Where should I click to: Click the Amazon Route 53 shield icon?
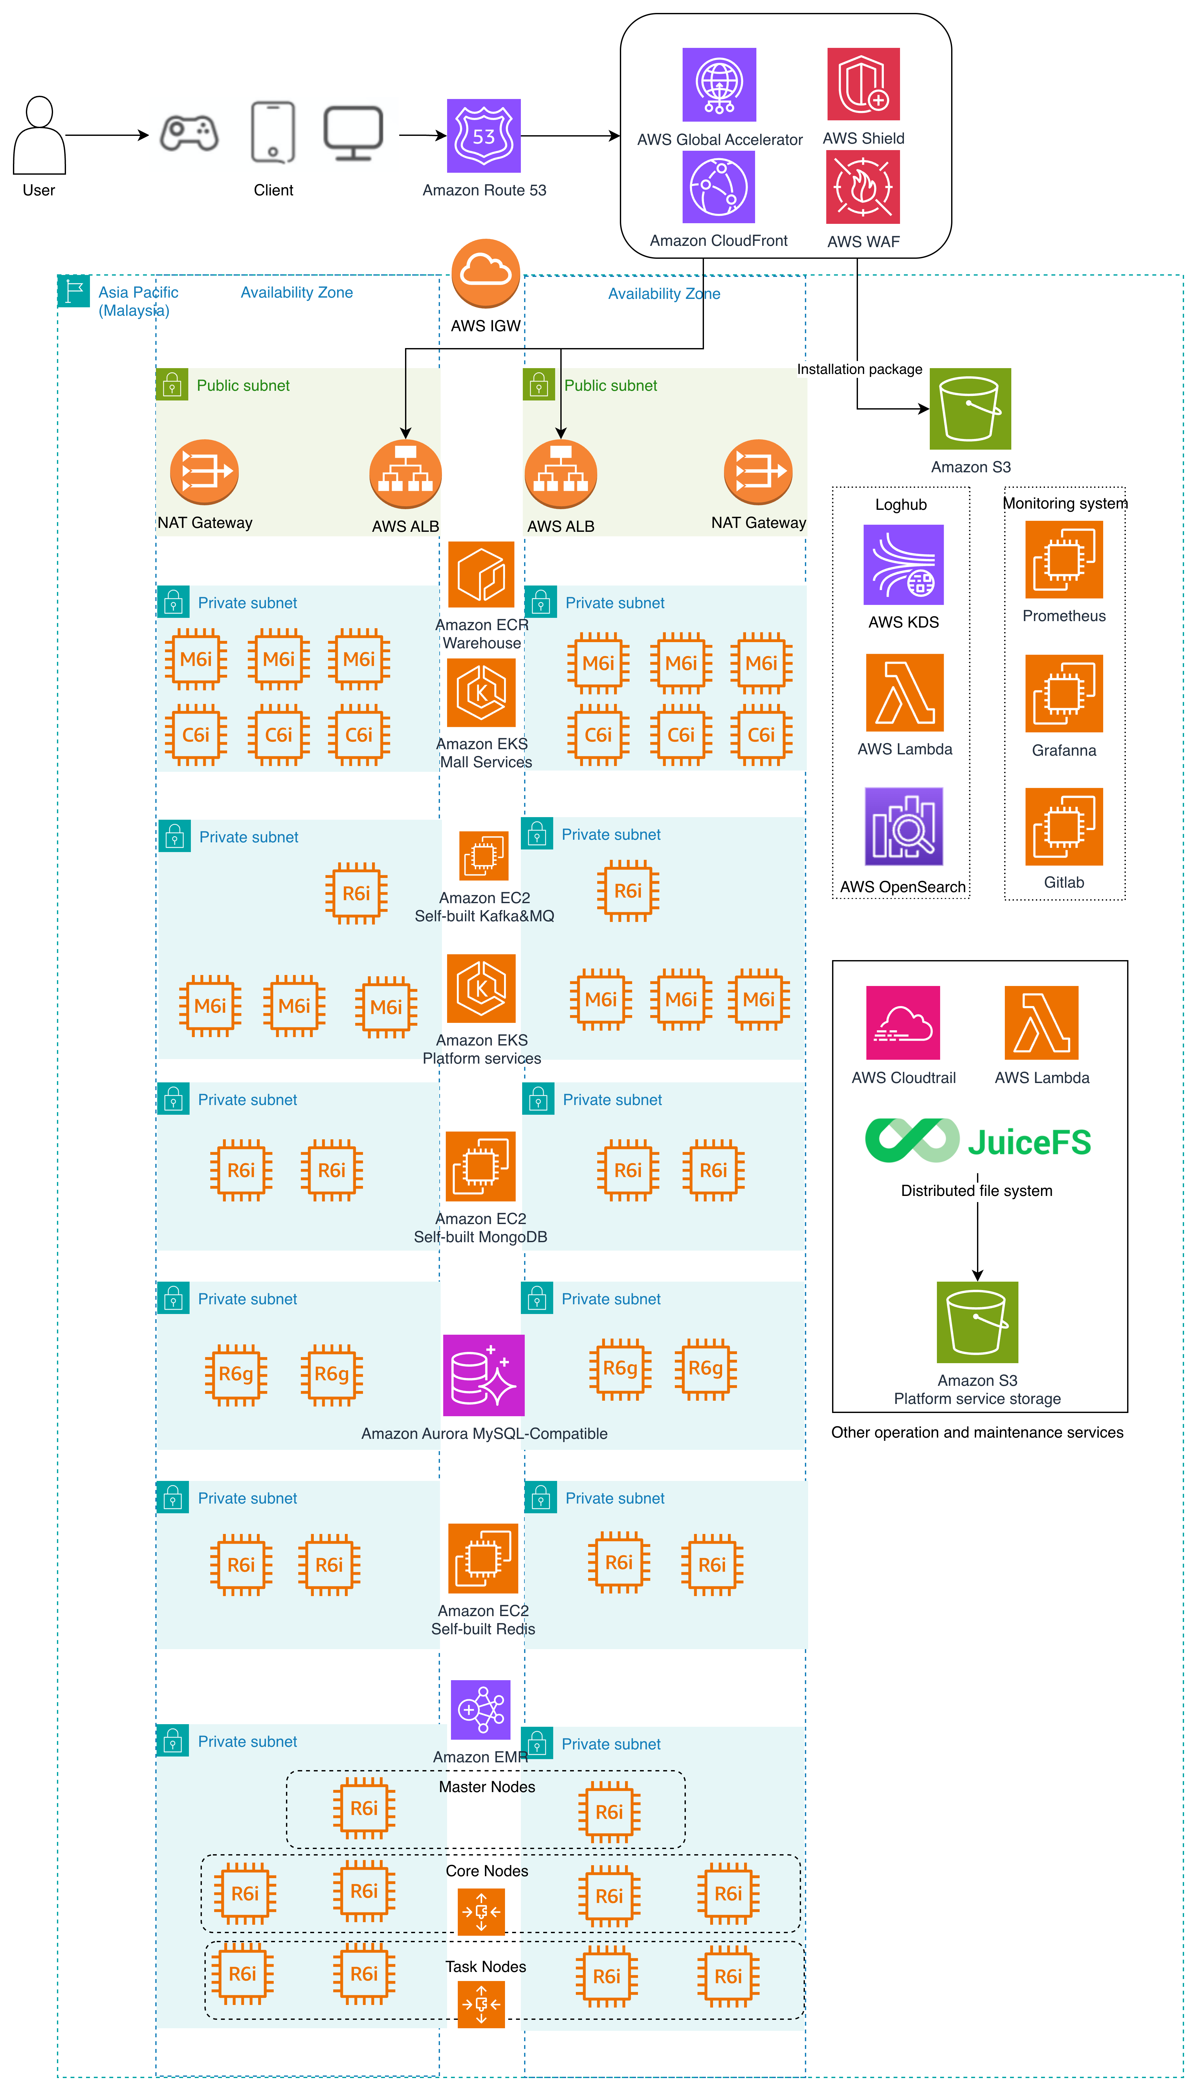pyautogui.click(x=483, y=136)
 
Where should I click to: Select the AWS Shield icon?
pyautogui.click(x=863, y=84)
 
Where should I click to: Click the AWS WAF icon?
pyautogui.click(x=863, y=187)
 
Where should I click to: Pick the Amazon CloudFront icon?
pyautogui.click(x=719, y=187)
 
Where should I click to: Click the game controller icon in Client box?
pyautogui.click(x=189, y=133)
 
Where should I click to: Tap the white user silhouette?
pyautogui.click(x=39, y=136)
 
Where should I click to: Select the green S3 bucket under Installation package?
pyautogui.click(x=970, y=409)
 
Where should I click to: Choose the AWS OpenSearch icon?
pyautogui.click(x=904, y=827)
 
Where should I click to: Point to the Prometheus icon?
pyautogui.click(x=1064, y=563)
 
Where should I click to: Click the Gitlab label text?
pyautogui.click(x=1064, y=882)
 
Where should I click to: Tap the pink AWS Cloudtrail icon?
pyautogui.click(x=903, y=1023)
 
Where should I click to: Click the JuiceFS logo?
pyautogui.click(x=978, y=1141)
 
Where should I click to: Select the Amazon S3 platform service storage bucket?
pyautogui.click(x=977, y=1322)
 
